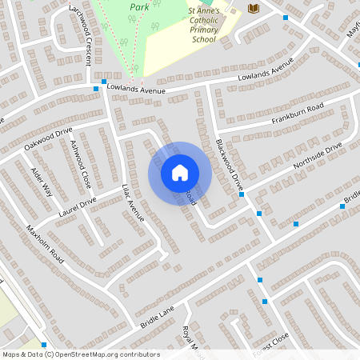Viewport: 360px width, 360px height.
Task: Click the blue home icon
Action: [x=179, y=173]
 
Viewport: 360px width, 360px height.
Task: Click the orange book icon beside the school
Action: [x=254, y=8]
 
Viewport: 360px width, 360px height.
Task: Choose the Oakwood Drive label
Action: [x=48, y=138]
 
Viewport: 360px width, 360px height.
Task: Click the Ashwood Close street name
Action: [x=81, y=163]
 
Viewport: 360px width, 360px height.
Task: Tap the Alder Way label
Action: [x=41, y=183]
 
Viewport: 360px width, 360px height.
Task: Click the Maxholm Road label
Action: [x=45, y=243]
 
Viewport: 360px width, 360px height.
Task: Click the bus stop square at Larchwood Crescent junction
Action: [x=95, y=89]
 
